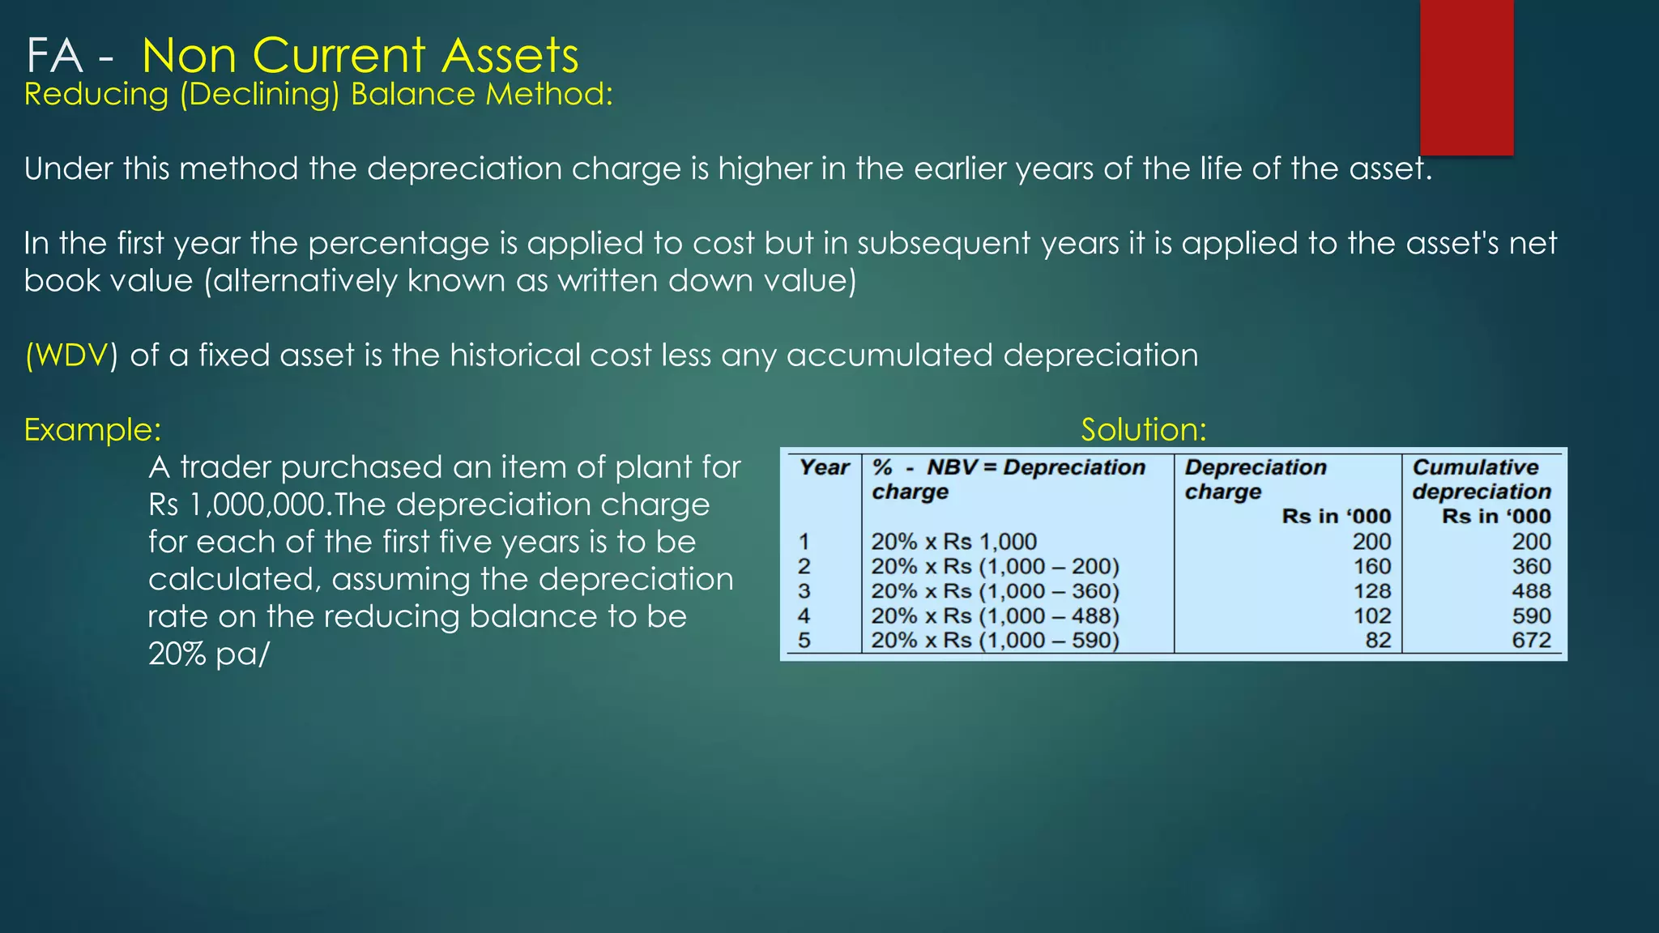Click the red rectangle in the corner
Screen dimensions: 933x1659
click(1466, 77)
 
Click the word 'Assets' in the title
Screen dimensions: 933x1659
click(510, 56)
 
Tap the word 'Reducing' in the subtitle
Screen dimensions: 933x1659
click(96, 95)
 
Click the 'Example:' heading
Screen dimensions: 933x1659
click(92, 429)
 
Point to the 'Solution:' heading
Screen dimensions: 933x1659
click(1143, 429)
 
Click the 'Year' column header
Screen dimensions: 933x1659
click(824, 467)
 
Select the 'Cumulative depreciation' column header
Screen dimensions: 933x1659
click(1481, 479)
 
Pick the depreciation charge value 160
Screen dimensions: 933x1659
click(1371, 566)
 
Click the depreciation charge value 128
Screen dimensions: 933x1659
click(1371, 591)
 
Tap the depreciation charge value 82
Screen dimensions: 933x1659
click(1378, 641)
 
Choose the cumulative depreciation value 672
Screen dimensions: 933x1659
click(1531, 641)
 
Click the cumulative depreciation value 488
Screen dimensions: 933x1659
click(1531, 591)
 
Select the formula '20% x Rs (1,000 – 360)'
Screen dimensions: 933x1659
click(995, 591)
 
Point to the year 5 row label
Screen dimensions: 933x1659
click(804, 641)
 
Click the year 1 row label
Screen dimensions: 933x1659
click(804, 542)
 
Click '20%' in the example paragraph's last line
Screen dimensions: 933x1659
click(177, 654)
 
